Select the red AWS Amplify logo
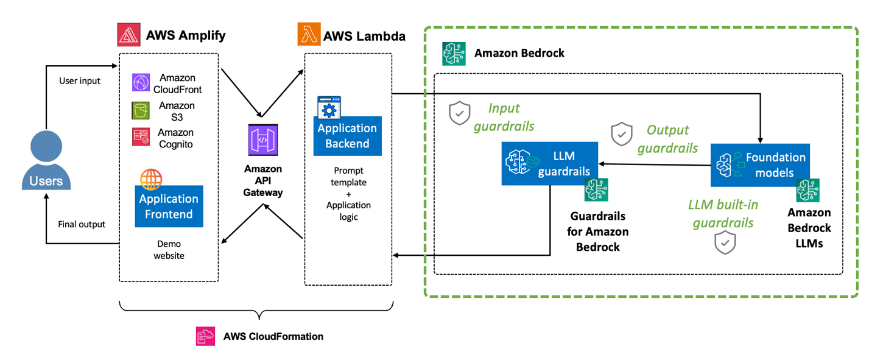click(128, 35)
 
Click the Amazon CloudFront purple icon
click(141, 83)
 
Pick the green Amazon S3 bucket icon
click(141, 111)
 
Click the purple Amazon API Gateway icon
click(263, 139)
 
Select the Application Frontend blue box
click(168, 206)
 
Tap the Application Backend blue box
click(347, 136)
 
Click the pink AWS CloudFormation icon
click(205, 336)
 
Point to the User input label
click(80, 80)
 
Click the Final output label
click(82, 224)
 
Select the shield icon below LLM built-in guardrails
click(724, 242)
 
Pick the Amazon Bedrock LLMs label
click(809, 228)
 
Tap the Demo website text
click(169, 250)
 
